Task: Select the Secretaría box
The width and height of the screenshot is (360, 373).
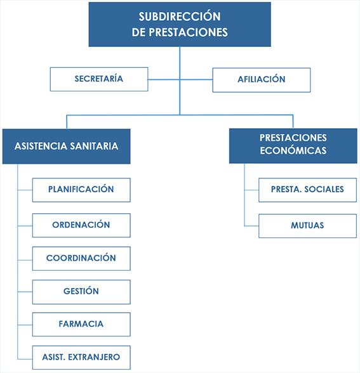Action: pos(98,79)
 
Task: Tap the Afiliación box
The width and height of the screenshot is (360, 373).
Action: pos(261,80)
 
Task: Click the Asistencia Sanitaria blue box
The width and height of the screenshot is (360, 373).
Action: pos(66,146)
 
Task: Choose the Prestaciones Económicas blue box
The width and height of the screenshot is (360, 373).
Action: pos(293,145)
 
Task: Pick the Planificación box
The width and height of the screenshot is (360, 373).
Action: pos(81,190)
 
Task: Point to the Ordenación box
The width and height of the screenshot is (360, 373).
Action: pos(81,225)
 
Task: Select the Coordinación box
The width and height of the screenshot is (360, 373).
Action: pos(81,259)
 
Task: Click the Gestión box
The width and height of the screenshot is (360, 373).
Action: pos(81,292)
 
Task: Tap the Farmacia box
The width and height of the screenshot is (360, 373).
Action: pos(81,324)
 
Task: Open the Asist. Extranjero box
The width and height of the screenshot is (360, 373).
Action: pos(81,357)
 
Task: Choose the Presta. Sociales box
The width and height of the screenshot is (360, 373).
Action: pos(307,190)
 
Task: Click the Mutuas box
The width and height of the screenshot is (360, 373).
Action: pos(307,226)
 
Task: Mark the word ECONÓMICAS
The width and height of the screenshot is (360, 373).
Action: pos(293,151)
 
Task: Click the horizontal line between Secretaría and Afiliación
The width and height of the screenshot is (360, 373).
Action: pos(180,79)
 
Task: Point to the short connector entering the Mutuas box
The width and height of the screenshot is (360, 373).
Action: pos(251,226)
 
